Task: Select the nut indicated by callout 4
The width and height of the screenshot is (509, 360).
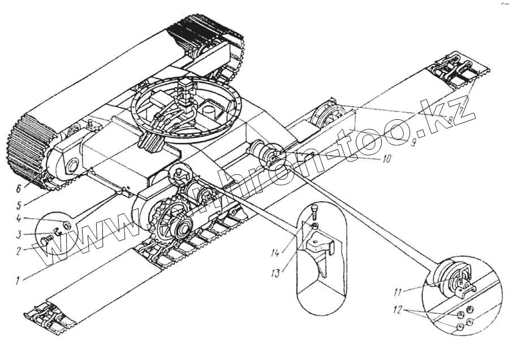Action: click(66, 224)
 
